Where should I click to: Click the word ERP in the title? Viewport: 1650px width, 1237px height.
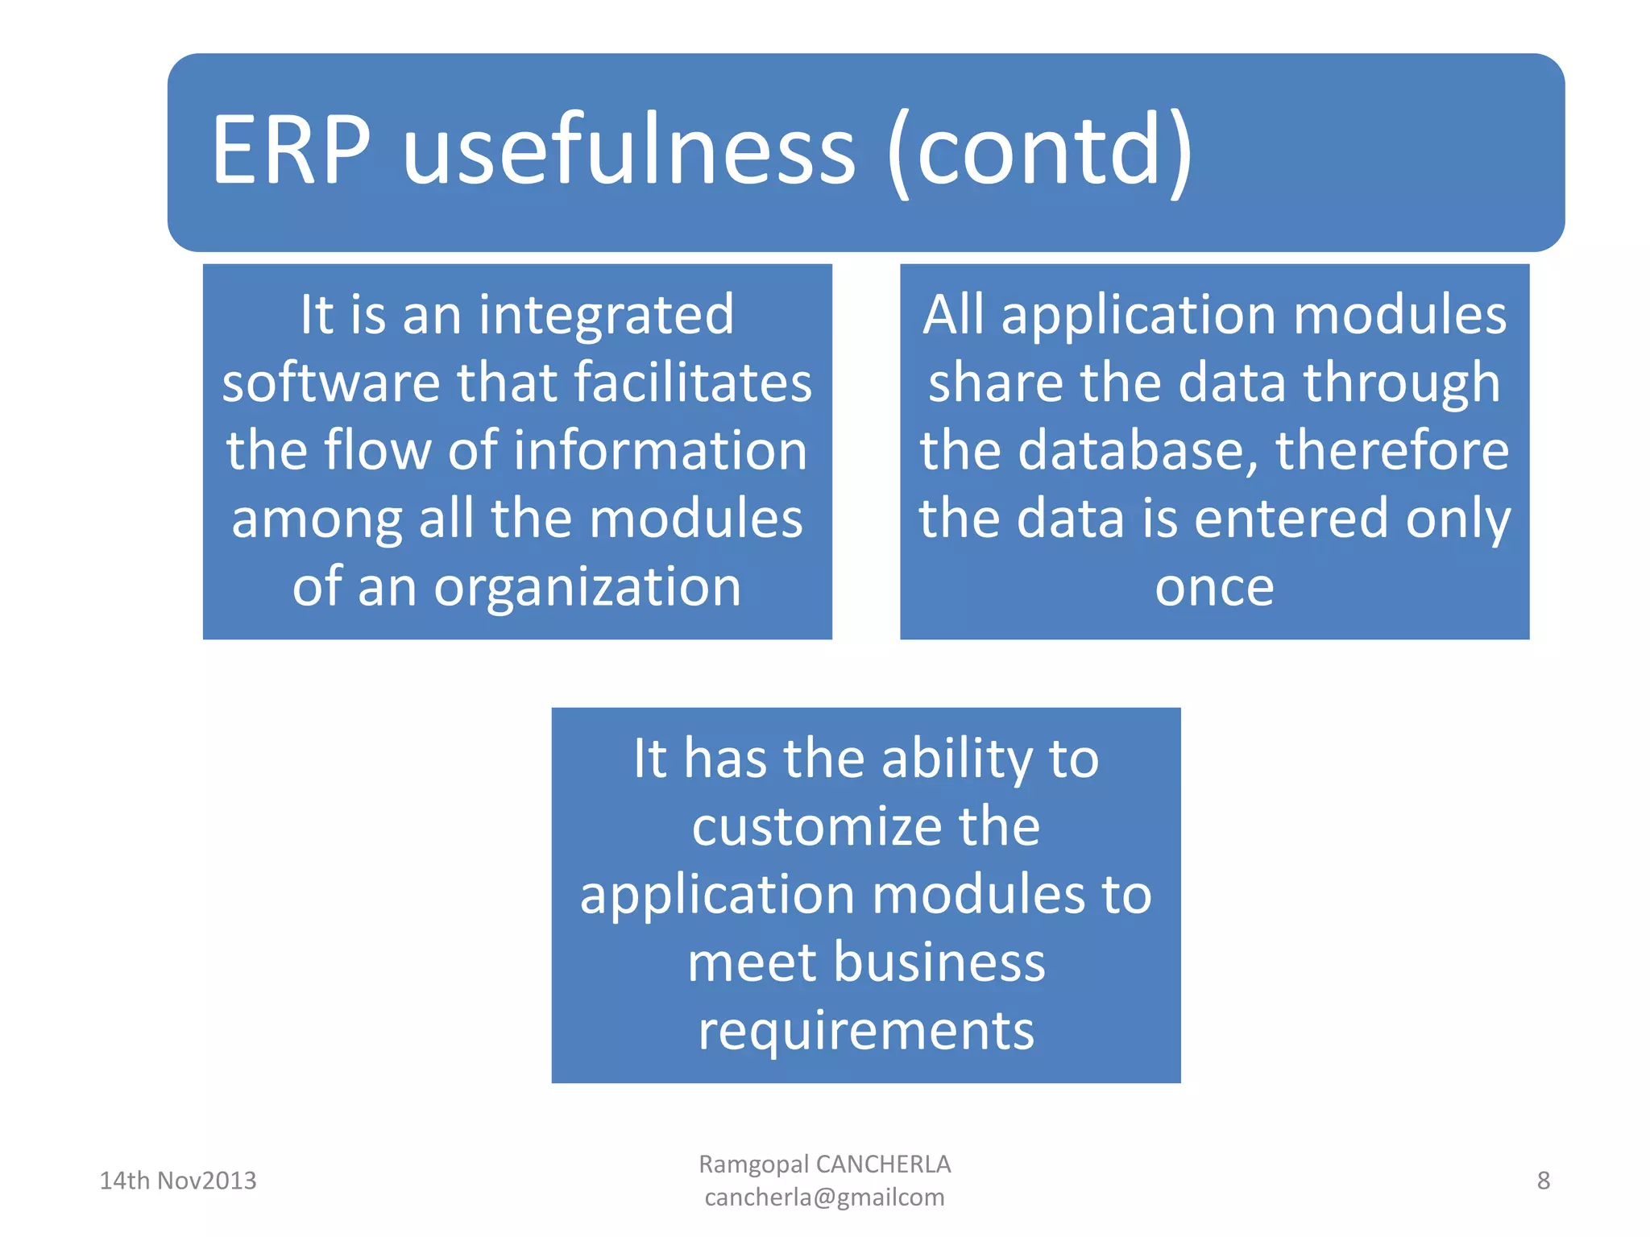click(291, 151)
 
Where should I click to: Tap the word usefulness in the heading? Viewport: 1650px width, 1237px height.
click(628, 151)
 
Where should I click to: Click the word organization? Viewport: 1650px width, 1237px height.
click(587, 587)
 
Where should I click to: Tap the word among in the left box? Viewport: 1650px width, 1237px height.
click(317, 519)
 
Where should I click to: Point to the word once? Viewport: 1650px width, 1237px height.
click(1214, 587)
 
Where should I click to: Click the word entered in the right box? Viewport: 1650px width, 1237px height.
click(1291, 519)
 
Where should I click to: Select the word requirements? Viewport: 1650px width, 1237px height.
click(866, 1031)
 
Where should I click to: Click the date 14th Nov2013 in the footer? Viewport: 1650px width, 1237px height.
click(178, 1181)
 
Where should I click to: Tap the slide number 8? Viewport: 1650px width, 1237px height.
click(1543, 1181)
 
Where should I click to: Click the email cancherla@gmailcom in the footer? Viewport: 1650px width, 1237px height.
click(824, 1198)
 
